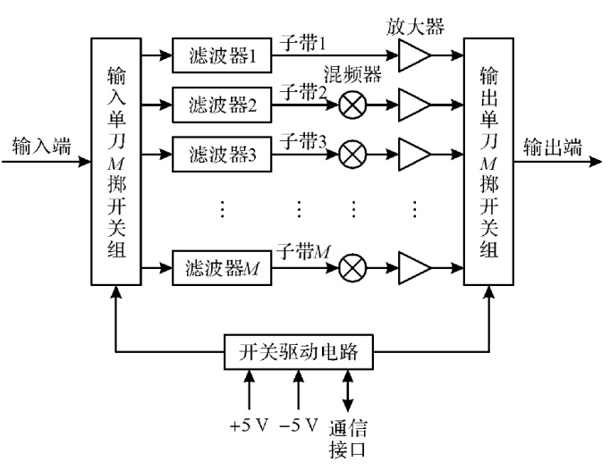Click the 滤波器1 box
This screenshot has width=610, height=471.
pyautogui.click(x=222, y=55)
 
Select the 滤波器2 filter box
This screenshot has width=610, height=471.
pyautogui.click(x=222, y=105)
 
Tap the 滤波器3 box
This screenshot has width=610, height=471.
pyautogui.click(x=222, y=155)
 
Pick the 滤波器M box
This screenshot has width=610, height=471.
pyautogui.click(x=222, y=268)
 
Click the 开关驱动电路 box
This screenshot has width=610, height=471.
pyautogui.click(x=299, y=352)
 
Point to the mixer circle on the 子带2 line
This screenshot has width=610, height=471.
pyautogui.click(x=352, y=105)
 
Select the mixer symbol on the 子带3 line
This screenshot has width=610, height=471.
pyautogui.click(x=352, y=155)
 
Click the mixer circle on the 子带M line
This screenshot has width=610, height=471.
pyautogui.click(x=352, y=268)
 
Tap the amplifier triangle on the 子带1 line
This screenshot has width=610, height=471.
pyautogui.click(x=415, y=55)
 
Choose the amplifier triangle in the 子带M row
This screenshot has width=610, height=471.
pyautogui.click(x=415, y=268)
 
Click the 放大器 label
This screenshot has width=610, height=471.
pyautogui.click(x=415, y=27)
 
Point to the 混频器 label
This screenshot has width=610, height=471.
pyautogui.click(x=352, y=74)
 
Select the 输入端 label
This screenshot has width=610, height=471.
pyautogui.click(x=42, y=147)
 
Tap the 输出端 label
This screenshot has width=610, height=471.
pyautogui.click(x=553, y=147)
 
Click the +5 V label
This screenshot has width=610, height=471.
pyautogui.click(x=250, y=425)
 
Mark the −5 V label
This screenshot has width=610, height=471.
pyautogui.click(x=299, y=425)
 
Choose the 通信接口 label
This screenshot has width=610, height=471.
pyautogui.click(x=348, y=439)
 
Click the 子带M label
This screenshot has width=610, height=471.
pyautogui.click(x=303, y=252)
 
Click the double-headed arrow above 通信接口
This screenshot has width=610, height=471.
pyautogui.click(x=347, y=391)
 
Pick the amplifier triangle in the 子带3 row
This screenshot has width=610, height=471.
pyautogui.click(x=415, y=155)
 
